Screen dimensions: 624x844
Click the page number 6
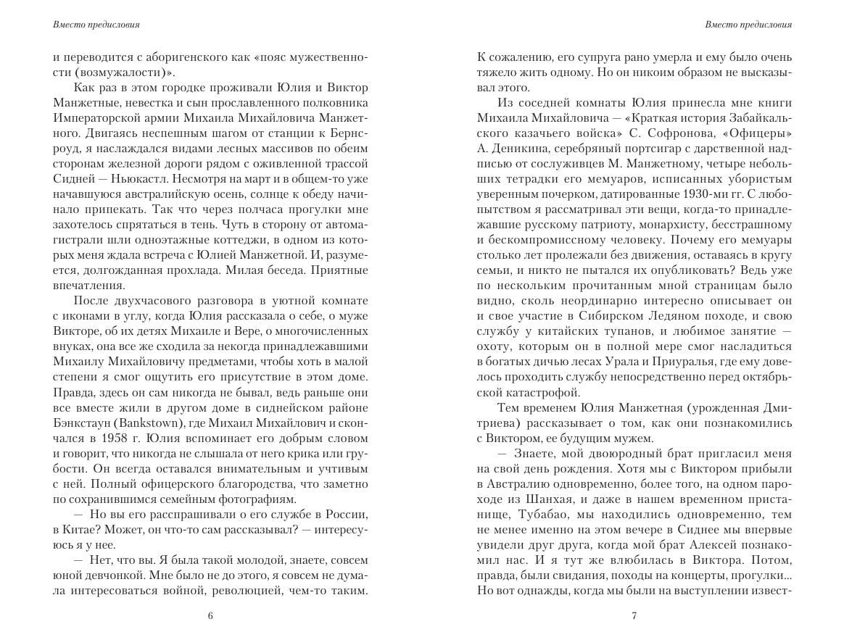(x=210, y=616)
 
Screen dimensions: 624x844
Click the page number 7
(x=634, y=616)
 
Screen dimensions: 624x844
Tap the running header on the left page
(x=96, y=25)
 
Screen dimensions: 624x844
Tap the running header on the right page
(x=748, y=25)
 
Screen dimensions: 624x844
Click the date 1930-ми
(x=708, y=196)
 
